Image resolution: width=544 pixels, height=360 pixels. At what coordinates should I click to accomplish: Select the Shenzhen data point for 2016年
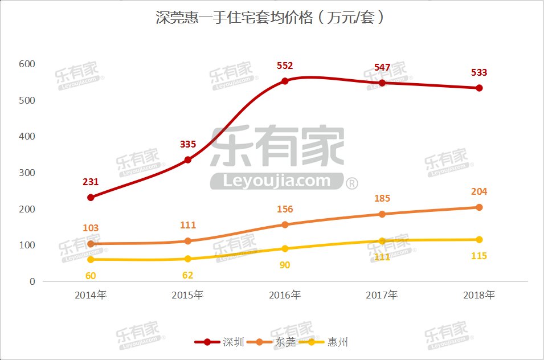[x=285, y=81]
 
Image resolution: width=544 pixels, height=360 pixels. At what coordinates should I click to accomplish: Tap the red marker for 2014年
[x=91, y=197]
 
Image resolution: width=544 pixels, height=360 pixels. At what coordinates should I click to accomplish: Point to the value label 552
[x=285, y=66]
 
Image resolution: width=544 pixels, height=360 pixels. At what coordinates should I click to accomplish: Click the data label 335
[x=188, y=144]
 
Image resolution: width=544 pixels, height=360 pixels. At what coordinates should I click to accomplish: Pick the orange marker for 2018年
[x=479, y=207]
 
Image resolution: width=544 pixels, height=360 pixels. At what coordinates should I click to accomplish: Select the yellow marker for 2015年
[x=188, y=259]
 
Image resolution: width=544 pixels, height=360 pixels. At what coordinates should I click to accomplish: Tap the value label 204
[x=479, y=192]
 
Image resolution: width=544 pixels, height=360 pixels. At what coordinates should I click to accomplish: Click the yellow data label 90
[x=285, y=265]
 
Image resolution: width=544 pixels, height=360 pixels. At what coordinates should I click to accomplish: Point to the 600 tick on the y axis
[x=27, y=64]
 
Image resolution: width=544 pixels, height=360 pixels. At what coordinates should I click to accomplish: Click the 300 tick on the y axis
[x=27, y=173]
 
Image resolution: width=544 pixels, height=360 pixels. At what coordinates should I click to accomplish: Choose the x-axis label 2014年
[x=91, y=295]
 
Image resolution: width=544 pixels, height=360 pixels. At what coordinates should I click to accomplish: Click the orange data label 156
[x=285, y=210]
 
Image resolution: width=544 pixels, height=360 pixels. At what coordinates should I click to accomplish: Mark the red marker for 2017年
[x=382, y=83]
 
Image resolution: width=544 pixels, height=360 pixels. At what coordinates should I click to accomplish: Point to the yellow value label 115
[x=479, y=256]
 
